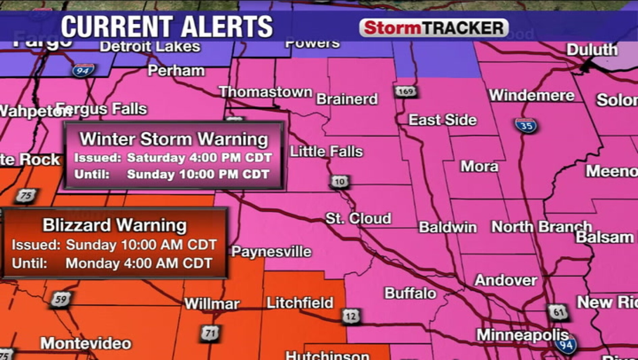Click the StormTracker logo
click(434, 28)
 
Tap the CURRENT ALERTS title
click(167, 27)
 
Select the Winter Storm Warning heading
click(174, 139)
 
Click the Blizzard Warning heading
click(114, 225)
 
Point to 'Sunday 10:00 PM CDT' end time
click(198, 174)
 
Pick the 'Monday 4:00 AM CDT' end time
click(139, 263)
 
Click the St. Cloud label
click(358, 218)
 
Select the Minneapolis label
click(522, 335)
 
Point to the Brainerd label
click(347, 99)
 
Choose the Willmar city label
click(212, 304)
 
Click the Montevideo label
click(86, 343)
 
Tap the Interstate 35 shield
click(526, 126)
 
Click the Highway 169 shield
click(405, 91)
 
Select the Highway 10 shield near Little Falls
click(339, 182)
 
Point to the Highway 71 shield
click(210, 334)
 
